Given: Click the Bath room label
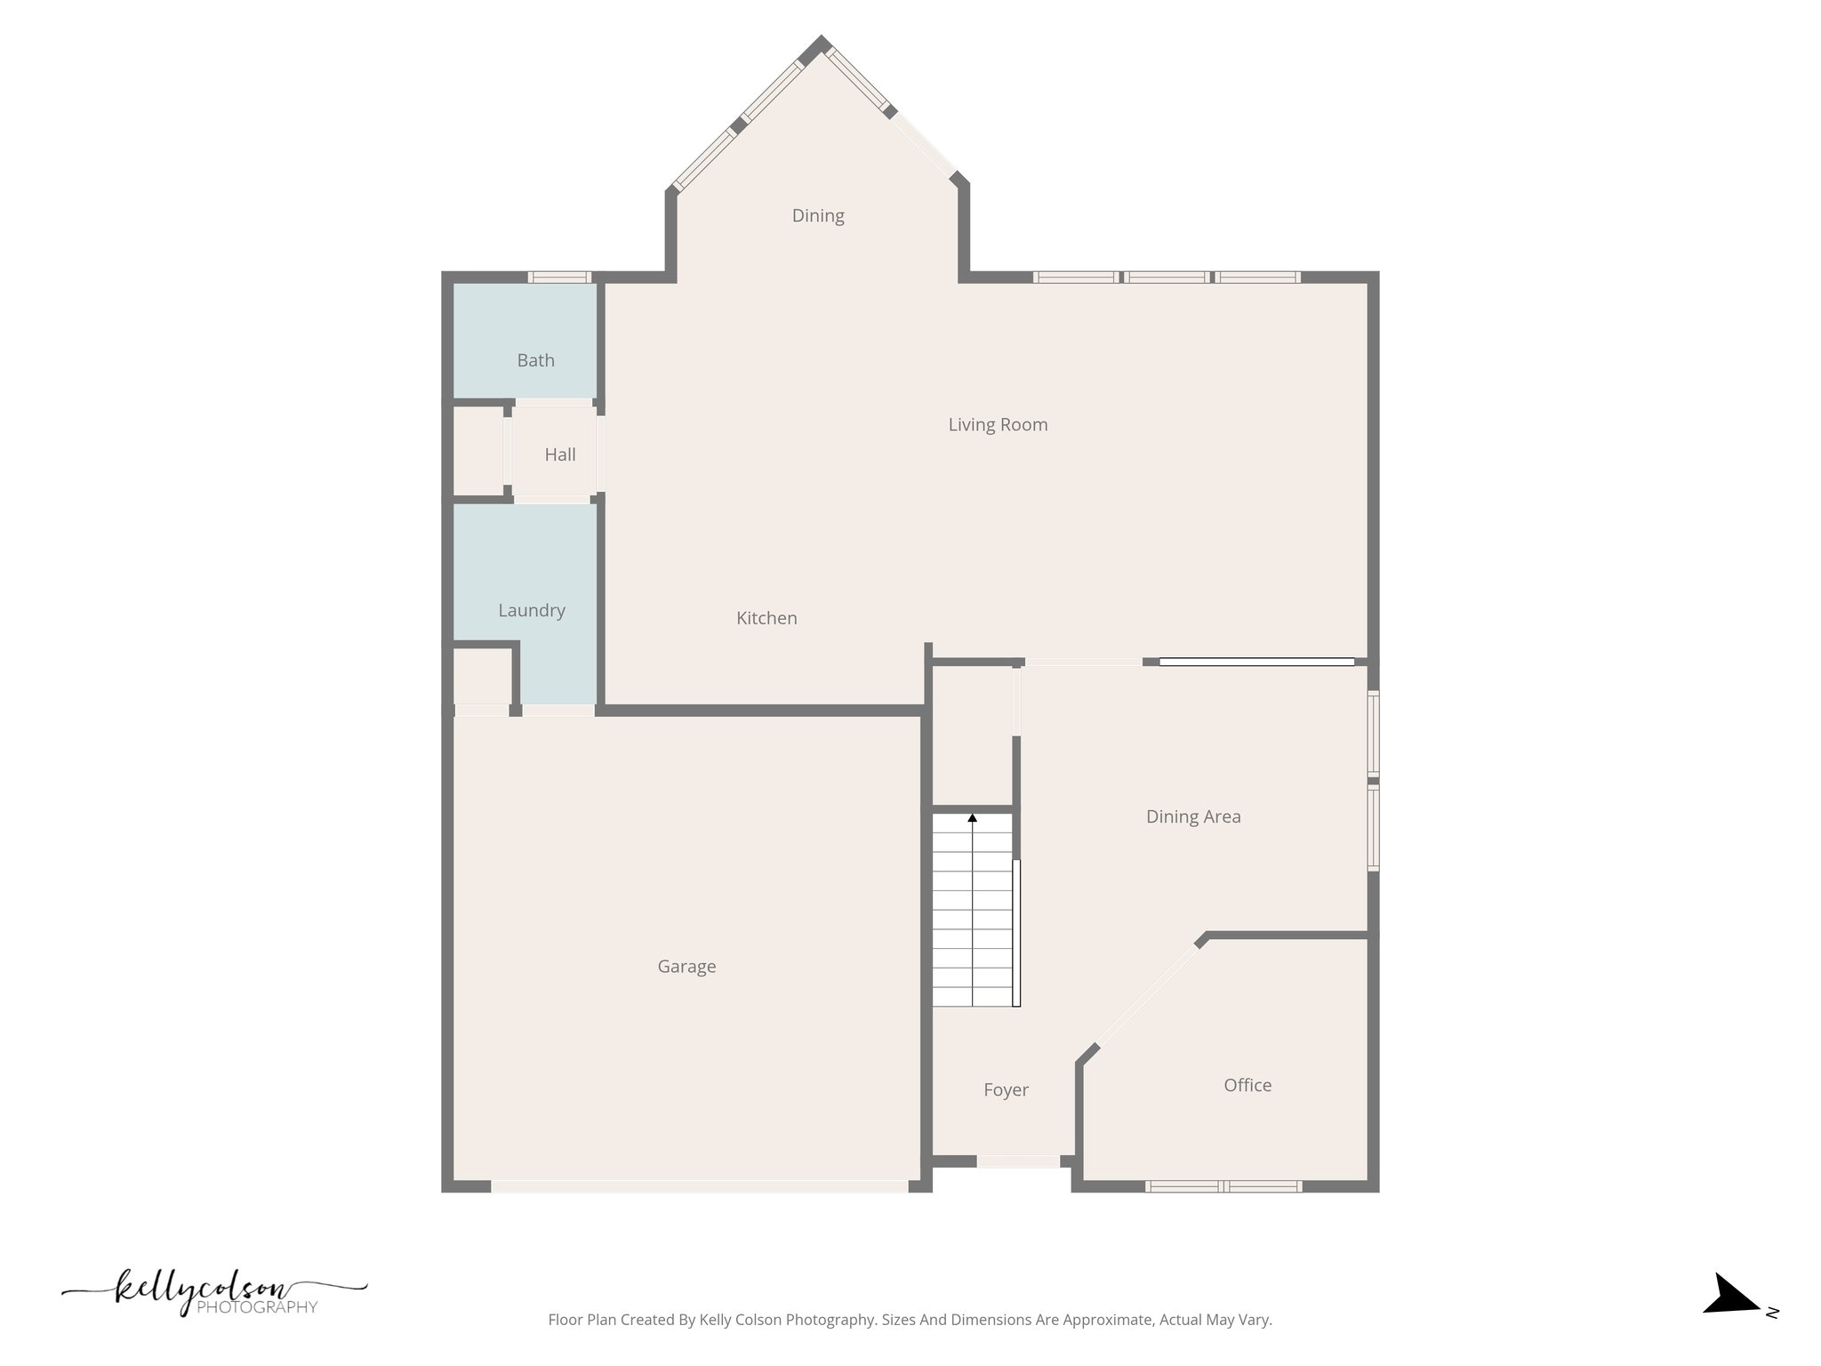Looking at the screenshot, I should click(535, 360).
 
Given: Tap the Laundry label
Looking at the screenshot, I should click(531, 610).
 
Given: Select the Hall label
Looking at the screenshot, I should click(559, 454).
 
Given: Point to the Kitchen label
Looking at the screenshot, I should click(766, 618).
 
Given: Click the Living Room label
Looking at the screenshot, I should click(998, 425).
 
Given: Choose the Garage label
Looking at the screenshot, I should click(686, 967).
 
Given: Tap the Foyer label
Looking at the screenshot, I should click(1006, 1090).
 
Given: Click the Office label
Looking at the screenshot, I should click(1247, 1085).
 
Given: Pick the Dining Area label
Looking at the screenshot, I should click(1193, 816).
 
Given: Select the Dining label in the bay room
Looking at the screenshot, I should click(818, 215).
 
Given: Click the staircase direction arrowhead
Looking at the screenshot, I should click(972, 817).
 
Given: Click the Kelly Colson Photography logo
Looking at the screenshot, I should click(213, 1295).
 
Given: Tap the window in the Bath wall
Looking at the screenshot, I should click(559, 277).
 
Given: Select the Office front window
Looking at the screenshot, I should click(1223, 1186).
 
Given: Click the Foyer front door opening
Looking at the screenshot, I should click(1018, 1161).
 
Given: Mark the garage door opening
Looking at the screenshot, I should click(699, 1186).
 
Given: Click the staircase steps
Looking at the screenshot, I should click(972, 916).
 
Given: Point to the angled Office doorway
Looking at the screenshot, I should click(1147, 997).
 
